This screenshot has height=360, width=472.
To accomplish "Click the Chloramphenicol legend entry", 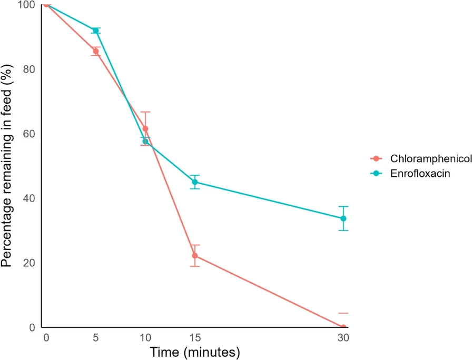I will coord(419,159).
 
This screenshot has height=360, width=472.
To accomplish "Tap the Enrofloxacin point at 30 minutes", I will coord(343,218).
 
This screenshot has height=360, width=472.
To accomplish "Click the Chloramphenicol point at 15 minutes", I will coord(195,256).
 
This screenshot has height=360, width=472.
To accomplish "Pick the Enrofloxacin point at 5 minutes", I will coord(95,31).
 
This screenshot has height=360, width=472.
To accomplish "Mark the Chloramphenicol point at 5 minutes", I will coord(95,51).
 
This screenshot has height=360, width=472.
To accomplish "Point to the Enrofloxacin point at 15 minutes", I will coord(195,182).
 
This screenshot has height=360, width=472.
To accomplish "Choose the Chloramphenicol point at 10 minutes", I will coord(145,128).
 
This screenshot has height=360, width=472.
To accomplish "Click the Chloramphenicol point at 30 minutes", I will coord(343,327).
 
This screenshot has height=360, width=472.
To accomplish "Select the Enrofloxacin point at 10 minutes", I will coord(145,141).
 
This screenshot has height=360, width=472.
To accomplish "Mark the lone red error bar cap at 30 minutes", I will coord(343,313).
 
